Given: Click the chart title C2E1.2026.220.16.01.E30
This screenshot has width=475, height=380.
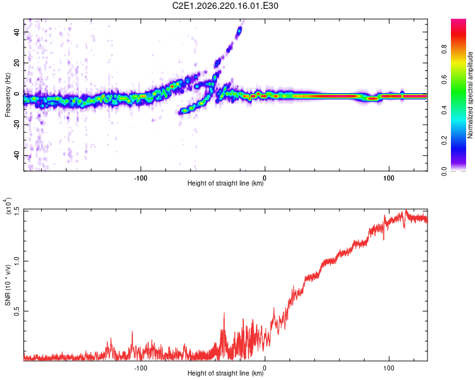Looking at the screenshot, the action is click(225, 6).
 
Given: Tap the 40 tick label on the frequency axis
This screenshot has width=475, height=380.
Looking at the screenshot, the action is click(16, 32).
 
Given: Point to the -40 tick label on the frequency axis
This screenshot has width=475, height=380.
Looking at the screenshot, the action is click(16, 155).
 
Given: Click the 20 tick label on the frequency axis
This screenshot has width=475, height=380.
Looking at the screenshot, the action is click(16, 63).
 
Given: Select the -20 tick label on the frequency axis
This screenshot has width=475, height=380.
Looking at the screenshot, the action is click(16, 125).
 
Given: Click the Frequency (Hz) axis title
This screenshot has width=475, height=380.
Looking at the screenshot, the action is click(8, 95).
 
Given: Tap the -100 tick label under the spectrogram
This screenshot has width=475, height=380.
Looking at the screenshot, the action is click(141, 178).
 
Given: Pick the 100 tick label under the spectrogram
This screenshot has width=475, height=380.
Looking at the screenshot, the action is click(389, 178).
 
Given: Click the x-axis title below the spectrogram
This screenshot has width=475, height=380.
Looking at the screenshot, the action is click(225, 183).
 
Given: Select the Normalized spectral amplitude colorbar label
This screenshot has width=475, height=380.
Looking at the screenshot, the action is click(470, 95).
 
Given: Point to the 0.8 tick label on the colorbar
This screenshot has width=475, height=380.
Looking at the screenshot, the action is click(444, 49).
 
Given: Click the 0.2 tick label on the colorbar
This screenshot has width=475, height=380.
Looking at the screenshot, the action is click(444, 141).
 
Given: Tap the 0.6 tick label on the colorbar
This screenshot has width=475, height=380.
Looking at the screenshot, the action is click(444, 80).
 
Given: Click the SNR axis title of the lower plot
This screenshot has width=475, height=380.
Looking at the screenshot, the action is click(8, 285).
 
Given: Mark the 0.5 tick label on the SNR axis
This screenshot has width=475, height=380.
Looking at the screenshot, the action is click(16, 311).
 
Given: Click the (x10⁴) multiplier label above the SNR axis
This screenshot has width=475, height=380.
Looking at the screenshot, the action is click(8, 206).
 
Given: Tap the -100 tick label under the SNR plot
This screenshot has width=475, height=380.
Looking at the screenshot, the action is click(141, 368).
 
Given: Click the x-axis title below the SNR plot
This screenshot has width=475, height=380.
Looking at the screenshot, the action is click(225, 373).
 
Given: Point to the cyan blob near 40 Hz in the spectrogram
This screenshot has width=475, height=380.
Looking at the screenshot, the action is click(239, 30).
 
